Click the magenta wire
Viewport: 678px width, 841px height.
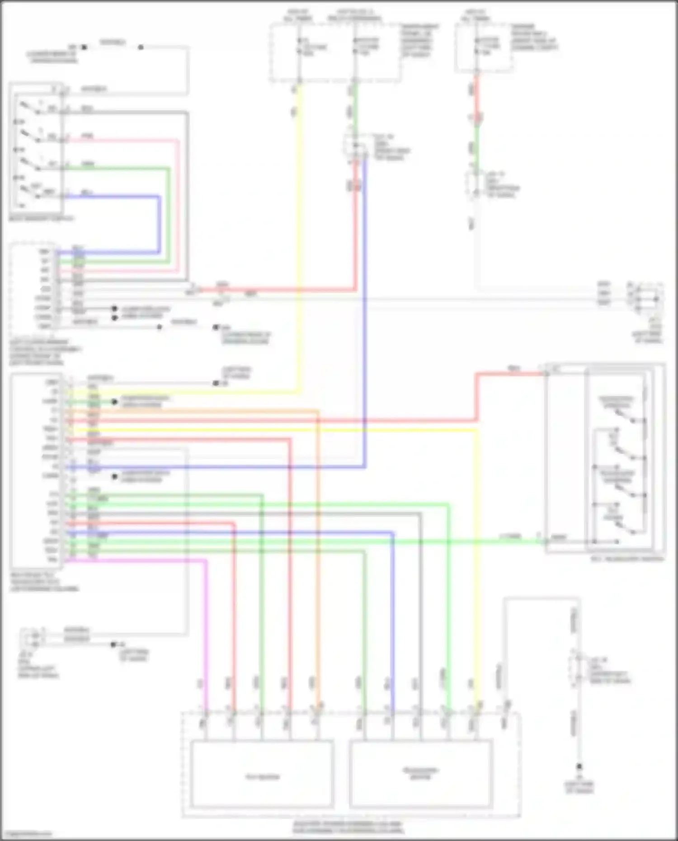pyautogui.click(x=206, y=633)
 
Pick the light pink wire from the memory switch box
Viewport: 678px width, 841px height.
pyautogui.click(x=177, y=203)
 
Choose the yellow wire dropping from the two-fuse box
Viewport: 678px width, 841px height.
pyautogui.click(x=299, y=226)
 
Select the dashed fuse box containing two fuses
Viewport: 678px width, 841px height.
pyautogui.click(x=335, y=53)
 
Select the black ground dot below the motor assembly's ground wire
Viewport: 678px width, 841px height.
pyautogui.click(x=579, y=767)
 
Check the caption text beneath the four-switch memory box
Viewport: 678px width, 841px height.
pyautogui.click(x=41, y=219)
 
